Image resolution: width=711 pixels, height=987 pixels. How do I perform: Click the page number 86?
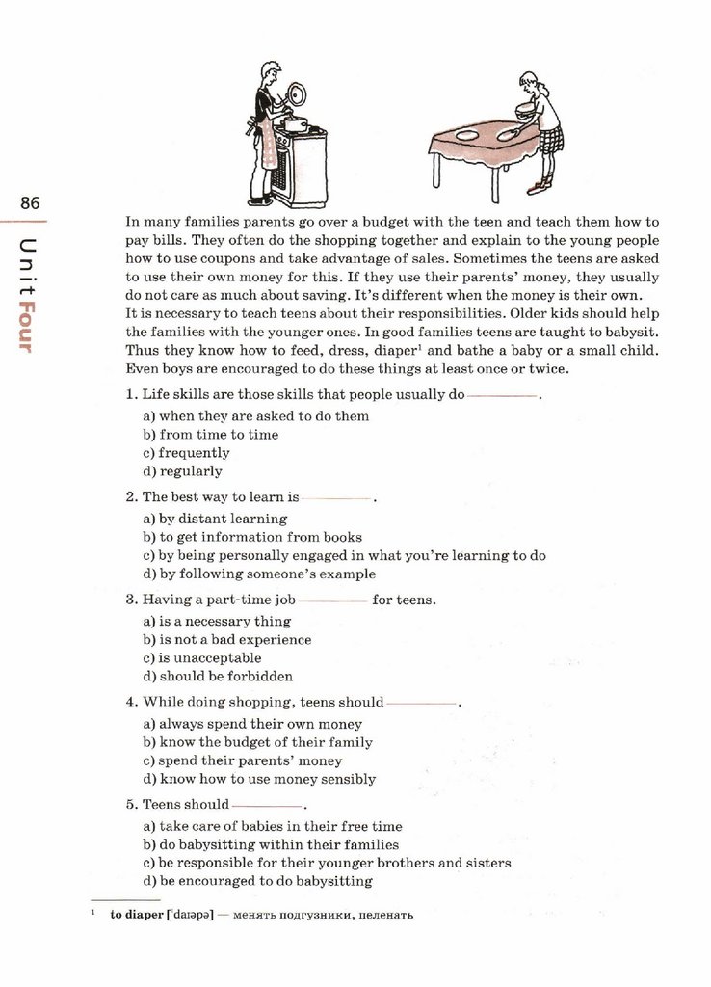tap(29, 203)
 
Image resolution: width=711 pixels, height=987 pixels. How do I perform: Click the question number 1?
tap(130, 395)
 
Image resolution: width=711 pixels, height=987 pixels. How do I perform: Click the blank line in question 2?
tap(336, 499)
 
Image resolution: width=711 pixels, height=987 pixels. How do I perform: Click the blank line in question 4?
tap(420, 704)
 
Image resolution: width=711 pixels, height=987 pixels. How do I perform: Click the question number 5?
tap(130, 804)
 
